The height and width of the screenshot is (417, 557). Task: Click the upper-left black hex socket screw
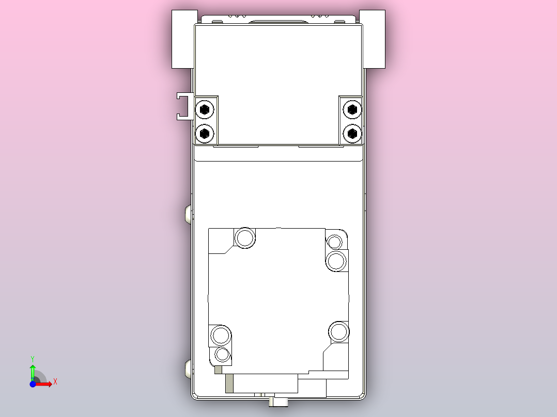point(205,109)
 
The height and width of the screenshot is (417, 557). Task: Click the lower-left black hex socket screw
point(205,133)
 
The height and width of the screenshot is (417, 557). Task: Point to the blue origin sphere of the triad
point(33,384)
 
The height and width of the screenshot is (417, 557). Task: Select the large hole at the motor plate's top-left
point(245,238)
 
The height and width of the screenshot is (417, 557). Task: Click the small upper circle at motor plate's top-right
point(335,241)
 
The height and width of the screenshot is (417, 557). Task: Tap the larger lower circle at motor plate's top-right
point(336,261)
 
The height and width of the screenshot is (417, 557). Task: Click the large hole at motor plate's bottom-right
point(339,331)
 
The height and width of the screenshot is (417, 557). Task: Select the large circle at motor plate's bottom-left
point(221,335)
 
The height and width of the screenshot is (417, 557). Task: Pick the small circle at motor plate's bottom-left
point(222,355)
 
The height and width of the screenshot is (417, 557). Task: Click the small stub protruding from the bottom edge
point(280,402)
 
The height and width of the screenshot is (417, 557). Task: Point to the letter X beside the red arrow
point(55,382)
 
